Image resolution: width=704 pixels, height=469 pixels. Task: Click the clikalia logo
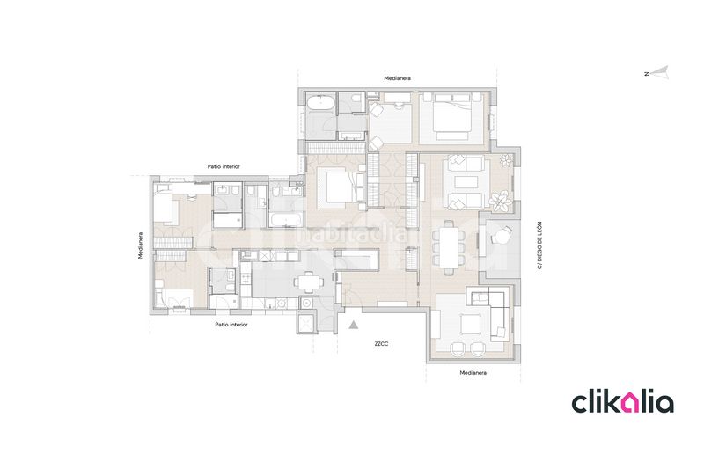click(622, 403)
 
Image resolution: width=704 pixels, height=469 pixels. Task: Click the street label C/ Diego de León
click(539, 245)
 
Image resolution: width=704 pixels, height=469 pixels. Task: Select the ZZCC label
click(381, 344)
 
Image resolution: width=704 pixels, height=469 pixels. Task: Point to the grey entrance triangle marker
click(354, 325)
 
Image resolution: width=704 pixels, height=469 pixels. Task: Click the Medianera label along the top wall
click(397, 78)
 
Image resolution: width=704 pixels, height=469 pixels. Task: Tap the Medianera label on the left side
click(141, 245)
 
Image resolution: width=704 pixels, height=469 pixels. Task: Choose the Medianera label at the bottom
click(473, 372)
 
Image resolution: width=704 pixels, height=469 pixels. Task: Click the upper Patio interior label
click(224, 166)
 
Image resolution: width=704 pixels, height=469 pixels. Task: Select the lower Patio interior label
click(231, 325)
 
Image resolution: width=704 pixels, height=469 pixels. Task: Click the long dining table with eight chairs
click(449, 247)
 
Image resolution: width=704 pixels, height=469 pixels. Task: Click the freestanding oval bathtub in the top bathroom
click(320, 103)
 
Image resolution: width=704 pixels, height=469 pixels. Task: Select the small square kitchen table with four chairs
click(308, 282)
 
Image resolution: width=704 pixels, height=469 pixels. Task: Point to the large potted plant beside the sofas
click(500, 201)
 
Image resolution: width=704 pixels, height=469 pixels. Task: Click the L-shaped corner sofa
click(492, 310)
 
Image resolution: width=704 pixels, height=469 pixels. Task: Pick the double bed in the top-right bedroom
click(451, 117)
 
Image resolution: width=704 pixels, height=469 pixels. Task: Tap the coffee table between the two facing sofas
click(466, 182)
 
